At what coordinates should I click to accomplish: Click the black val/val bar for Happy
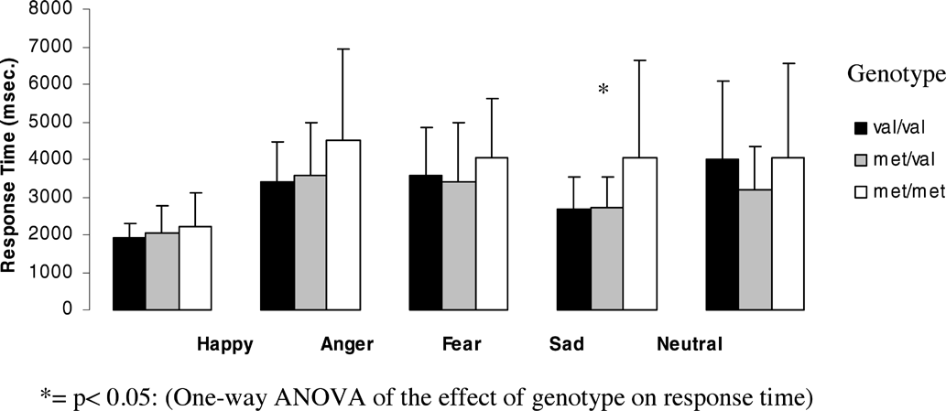128,274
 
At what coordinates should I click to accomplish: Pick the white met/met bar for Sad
640,233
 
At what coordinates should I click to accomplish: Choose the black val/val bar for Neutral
721,234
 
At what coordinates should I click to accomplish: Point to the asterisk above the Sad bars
603,90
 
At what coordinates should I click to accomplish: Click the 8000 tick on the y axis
63,10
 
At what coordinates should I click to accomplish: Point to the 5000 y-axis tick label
63,123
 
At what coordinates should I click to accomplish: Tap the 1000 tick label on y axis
63,273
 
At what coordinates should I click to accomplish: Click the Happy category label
225,345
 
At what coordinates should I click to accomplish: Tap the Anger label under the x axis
347,345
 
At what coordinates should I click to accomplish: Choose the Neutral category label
690,345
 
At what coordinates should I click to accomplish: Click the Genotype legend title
894,72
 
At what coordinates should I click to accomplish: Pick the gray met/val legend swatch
861,161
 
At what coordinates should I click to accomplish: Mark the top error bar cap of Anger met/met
343,49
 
